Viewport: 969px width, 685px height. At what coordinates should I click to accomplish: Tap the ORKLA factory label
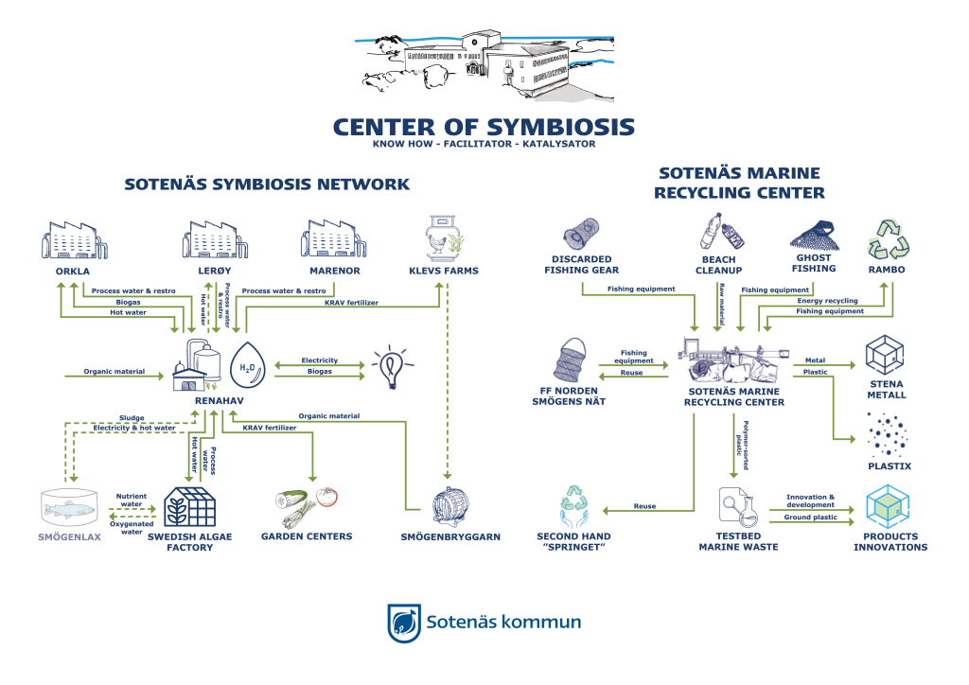point(73,271)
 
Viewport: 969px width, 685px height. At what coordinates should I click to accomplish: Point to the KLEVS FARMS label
point(445,271)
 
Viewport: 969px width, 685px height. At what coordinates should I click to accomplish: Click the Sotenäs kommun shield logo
point(404,623)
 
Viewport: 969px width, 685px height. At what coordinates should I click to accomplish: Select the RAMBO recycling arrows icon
point(887,239)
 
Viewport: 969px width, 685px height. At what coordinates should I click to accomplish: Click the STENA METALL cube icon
point(885,354)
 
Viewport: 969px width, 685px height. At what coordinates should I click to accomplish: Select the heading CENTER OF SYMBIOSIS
point(484,128)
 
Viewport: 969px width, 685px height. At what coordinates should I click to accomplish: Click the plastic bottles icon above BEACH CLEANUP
point(717,234)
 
